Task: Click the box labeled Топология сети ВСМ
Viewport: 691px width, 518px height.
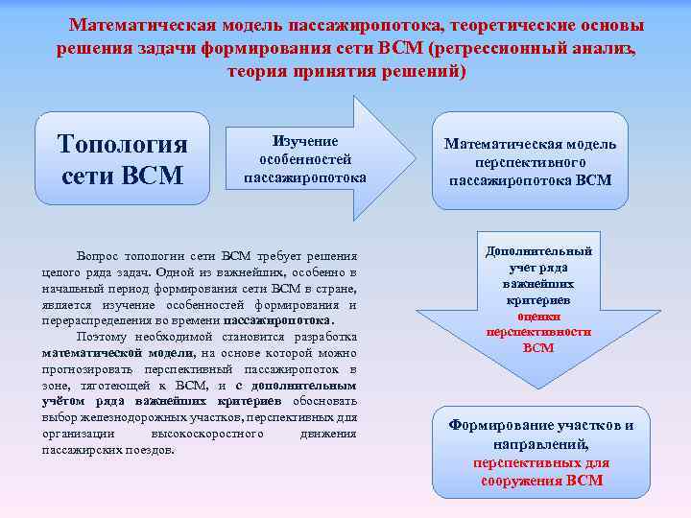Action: pyautogui.click(x=123, y=159)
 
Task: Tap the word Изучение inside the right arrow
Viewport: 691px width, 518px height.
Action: pyautogui.click(x=305, y=140)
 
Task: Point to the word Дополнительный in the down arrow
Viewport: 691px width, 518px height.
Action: pyautogui.click(x=538, y=251)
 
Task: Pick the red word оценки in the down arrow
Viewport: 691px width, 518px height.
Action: pyautogui.click(x=538, y=316)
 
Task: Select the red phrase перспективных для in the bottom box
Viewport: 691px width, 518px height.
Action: pyautogui.click(x=541, y=462)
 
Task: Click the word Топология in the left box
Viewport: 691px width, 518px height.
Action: pyautogui.click(x=123, y=144)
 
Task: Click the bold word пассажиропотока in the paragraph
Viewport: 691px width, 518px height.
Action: pyautogui.click(x=278, y=320)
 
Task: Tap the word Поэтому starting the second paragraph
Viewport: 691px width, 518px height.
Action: pyautogui.click(x=104, y=337)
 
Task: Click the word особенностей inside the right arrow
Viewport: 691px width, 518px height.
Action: pyautogui.click(x=305, y=158)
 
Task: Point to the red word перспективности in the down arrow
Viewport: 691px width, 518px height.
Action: pyautogui.click(x=538, y=332)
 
